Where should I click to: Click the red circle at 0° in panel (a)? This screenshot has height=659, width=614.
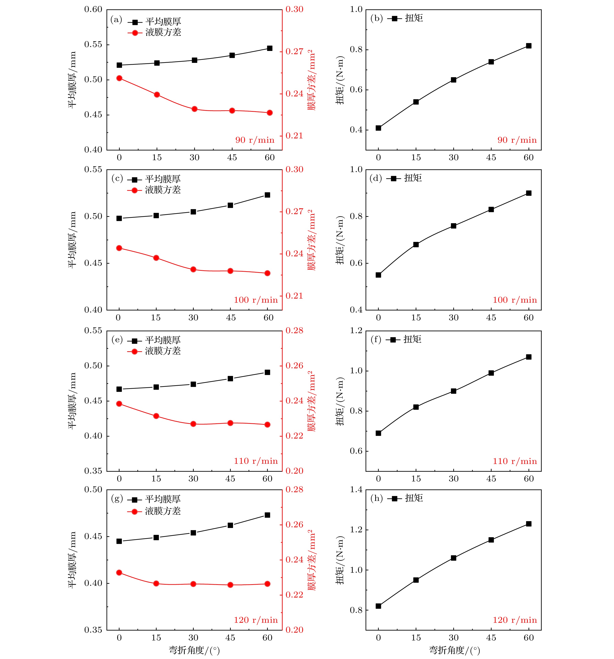119,78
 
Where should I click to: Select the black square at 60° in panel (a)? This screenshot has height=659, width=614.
270,48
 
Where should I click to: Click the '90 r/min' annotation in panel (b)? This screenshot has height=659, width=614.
517,140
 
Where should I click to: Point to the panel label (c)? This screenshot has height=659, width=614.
117,179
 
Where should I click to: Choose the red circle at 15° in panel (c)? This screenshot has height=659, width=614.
156,258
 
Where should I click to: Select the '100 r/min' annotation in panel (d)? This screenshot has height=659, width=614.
515,300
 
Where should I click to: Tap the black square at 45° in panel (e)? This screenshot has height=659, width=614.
230,379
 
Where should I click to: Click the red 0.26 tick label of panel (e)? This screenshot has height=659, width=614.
294,366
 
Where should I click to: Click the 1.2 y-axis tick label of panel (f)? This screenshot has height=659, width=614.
356,331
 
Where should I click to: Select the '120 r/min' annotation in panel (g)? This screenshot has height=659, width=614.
256,620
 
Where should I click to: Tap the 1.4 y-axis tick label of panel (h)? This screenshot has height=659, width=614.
356,490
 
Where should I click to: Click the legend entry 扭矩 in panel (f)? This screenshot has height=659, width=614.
412,339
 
